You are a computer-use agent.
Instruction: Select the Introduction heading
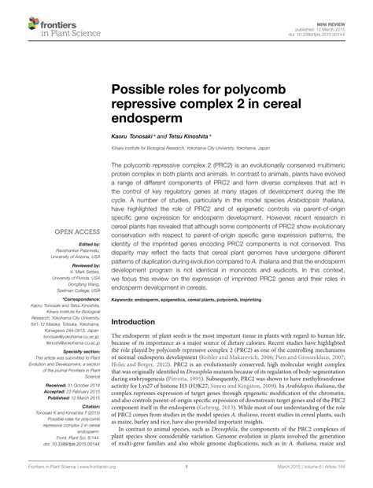(142, 301)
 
